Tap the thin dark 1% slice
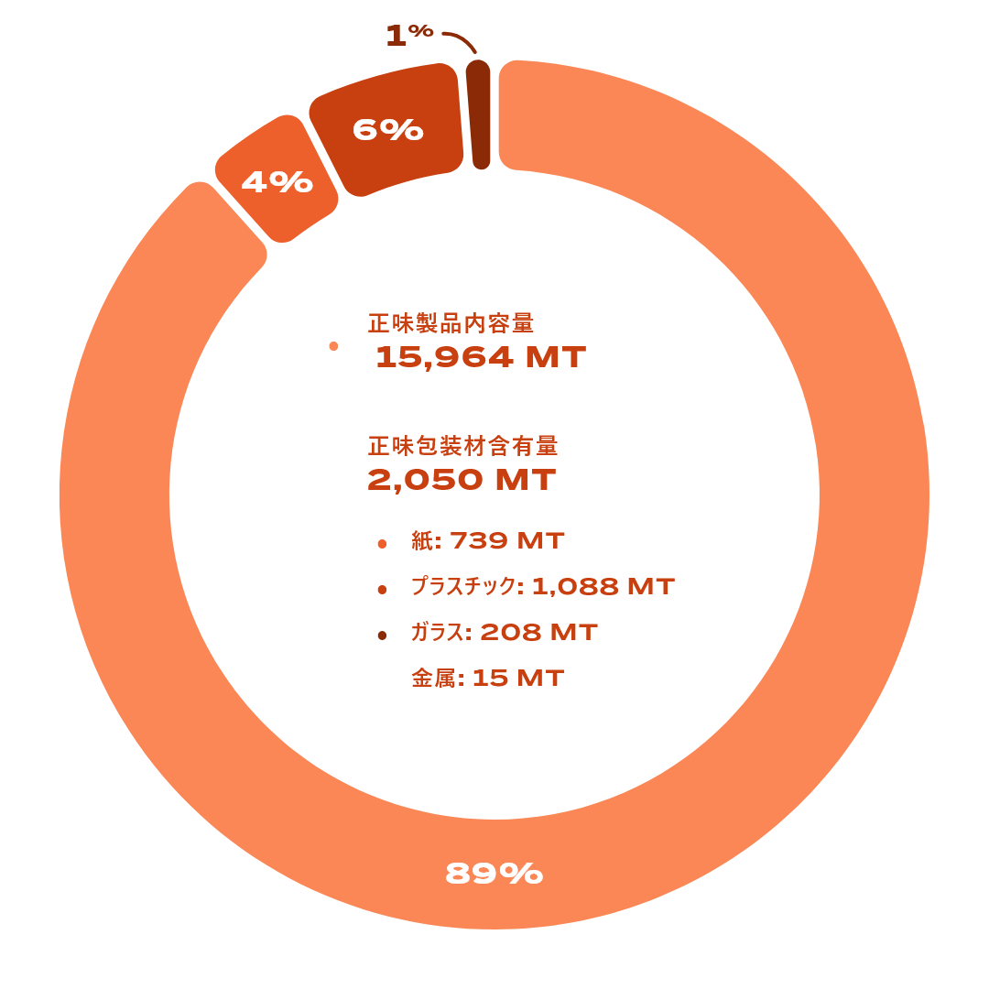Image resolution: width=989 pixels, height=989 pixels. pos(479,114)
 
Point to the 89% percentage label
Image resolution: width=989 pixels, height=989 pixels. pos(494,875)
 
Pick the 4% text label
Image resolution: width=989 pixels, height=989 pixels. pos(277,182)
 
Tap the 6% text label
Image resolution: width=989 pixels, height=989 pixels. pos(388,130)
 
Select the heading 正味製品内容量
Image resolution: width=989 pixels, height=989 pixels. pos(451,323)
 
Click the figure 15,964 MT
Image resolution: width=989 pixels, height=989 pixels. pos(481,357)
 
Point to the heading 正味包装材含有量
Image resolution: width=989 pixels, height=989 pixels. pos(462,446)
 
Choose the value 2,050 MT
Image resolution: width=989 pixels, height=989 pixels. pos(462,480)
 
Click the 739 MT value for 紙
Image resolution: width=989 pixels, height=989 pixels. pos(507,541)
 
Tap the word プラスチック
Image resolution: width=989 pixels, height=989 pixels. pos(462,587)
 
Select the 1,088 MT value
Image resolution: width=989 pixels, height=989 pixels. pos(603,587)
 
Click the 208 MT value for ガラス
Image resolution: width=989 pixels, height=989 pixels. pos(538,633)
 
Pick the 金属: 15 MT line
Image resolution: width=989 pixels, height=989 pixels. pos(487,679)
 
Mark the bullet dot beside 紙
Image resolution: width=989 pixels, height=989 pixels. pos(382,544)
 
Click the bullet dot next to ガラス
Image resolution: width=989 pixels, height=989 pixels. pos(382,636)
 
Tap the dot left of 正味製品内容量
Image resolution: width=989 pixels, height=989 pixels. pos(333,346)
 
